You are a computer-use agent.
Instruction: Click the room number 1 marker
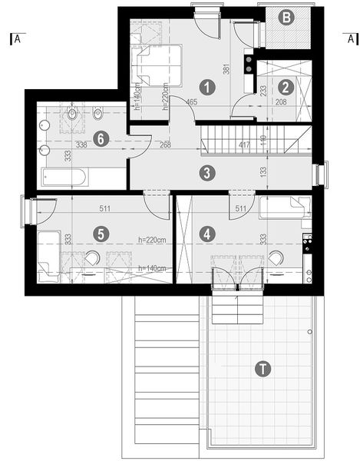click(205, 87)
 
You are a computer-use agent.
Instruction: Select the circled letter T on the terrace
click(263, 369)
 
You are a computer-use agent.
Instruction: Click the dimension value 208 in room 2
click(282, 101)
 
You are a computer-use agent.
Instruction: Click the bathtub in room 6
click(64, 178)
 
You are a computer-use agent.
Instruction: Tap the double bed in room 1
click(159, 63)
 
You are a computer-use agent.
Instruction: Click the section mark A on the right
click(350, 38)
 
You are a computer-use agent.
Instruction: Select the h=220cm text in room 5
click(154, 239)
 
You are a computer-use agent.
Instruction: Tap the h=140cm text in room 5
click(154, 268)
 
